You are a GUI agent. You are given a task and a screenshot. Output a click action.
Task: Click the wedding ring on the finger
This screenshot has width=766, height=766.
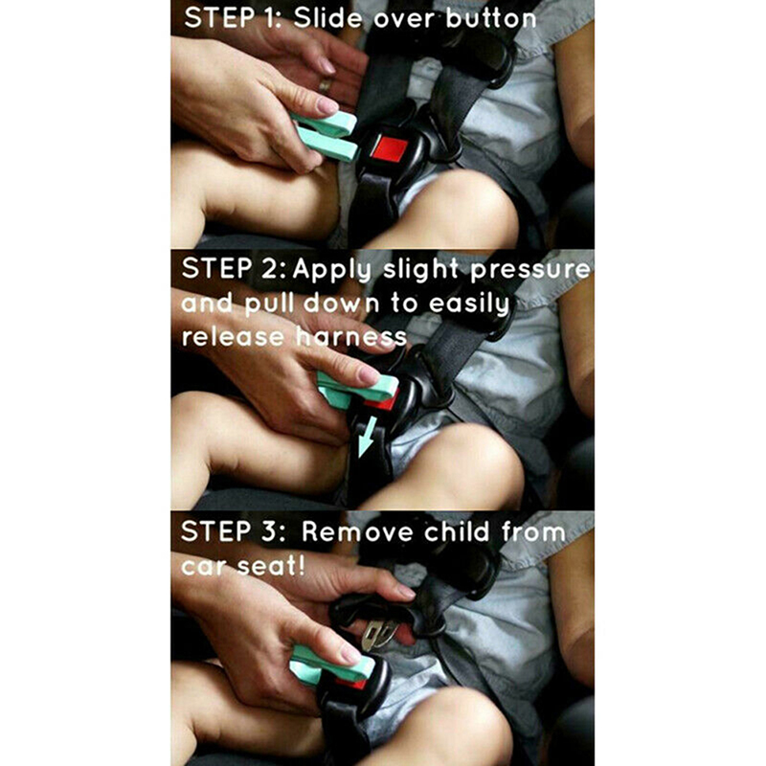pyautogui.click(x=325, y=85)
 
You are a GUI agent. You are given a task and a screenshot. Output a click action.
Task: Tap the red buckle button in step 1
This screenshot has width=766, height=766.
pyautogui.click(x=390, y=148)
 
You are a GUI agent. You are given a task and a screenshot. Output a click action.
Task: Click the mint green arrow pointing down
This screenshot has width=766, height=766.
pyautogui.click(x=367, y=437)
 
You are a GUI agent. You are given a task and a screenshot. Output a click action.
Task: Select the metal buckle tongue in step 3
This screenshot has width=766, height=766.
pyautogui.click(x=379, y=635)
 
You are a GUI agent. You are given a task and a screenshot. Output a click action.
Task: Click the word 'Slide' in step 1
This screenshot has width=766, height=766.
pyautogui.click(x=327, y=18)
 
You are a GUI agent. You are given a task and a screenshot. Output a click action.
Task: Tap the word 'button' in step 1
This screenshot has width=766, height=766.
pyautogui.click(x=490, y=19)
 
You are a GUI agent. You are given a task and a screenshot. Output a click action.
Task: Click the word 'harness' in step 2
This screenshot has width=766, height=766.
pyautogui.click(x=351, y=337)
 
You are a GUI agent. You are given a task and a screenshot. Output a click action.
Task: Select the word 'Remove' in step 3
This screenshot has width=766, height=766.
pyautogui.click(x=357, y=531)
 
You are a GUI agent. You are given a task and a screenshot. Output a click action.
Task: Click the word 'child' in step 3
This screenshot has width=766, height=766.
pyautogui.click(x=457, y=531)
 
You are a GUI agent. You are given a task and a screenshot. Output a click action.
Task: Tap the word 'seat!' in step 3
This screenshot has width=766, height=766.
pyautogui.click(x=271, y=566)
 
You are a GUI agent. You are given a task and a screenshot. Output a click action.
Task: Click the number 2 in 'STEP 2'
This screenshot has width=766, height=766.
pyautogui.click(x=270, y=269)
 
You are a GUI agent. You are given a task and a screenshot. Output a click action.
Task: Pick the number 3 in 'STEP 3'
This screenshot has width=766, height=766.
pyautogui.click(x=270, y=531)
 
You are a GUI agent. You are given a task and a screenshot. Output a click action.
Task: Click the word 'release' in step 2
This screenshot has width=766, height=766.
pyautogui.click(x=233, y=337)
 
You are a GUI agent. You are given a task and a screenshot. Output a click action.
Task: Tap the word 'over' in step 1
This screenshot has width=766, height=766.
pyautogui.click(x=404, y=19)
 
